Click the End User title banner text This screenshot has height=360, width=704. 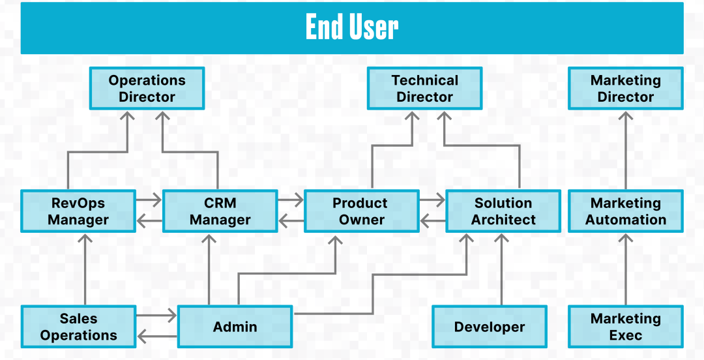point(352,28)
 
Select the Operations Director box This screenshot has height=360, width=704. point(147,89)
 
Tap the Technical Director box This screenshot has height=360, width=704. point(424,89)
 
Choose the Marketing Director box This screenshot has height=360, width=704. point(625,89)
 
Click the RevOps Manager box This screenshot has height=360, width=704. point(78,211)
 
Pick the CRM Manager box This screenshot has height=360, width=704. point(220,211)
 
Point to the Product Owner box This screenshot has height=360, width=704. point(361,211)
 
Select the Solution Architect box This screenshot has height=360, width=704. point(503,211)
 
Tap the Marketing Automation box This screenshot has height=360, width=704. point(625,211)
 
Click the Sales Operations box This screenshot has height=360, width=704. point(78,327)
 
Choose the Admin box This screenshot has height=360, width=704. point(235,327)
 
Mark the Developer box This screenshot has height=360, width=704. point(489,327)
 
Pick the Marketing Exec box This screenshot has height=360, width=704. point(625,327)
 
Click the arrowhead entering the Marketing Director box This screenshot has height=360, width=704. point(626,117)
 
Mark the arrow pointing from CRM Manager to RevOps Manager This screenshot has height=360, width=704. point(149,222)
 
